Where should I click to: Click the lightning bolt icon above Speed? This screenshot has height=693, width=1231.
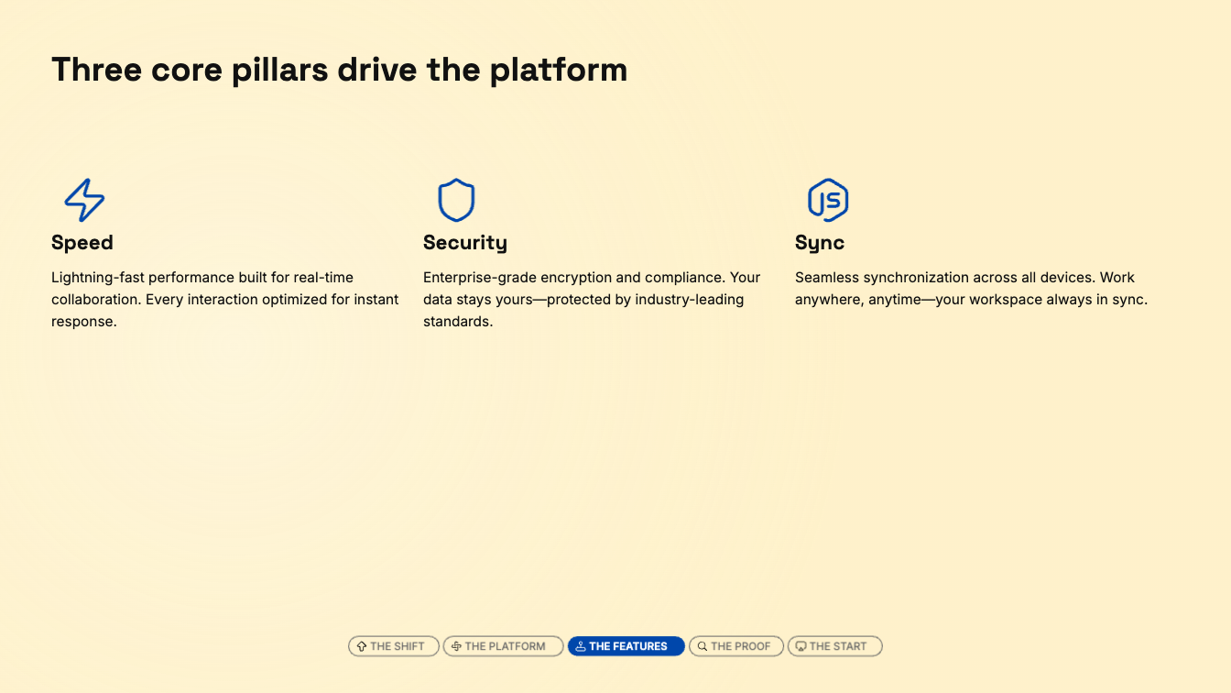pos(84,200)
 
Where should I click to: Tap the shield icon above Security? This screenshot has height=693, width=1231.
pos(456,200)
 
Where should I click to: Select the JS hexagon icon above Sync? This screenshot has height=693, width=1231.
pos(828,200)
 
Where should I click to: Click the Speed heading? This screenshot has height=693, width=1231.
pos(82,243)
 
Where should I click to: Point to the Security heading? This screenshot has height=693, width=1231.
pos(465,243)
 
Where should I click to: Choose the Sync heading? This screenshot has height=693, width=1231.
pos(820,243)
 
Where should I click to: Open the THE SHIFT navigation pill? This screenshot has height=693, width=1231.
pos(394,646)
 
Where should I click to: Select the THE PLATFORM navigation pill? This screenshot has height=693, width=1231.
pos(504,646)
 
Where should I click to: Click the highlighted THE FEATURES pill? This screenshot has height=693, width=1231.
pos(626,646)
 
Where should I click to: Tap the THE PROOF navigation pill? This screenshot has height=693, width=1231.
pos(736,646)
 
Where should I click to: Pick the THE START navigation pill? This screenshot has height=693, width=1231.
pos(834,646)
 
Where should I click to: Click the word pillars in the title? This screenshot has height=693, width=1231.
pos(279,71)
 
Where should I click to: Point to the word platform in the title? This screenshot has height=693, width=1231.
pos(559,71)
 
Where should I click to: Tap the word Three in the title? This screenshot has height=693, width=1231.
pos(96,70)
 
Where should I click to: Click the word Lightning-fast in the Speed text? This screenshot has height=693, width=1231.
pos(97,278)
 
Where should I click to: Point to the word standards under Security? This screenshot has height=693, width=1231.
pos(458,321)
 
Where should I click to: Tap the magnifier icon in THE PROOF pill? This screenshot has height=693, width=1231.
pos(703,646)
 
